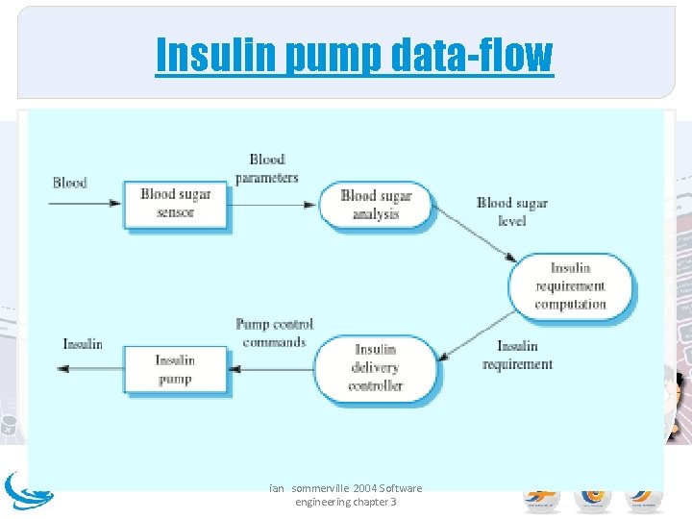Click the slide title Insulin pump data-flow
[x=354, y=55]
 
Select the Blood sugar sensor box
[x=175, y=203]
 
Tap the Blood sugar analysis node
[x=376, y=204]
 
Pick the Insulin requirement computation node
[x=571, y=285]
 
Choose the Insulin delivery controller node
[x=376, y=367]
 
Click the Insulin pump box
[x=175, y=369]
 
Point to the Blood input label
[x=69, y=183]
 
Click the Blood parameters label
[x=267, y=168]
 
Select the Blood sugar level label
[x=512, y=211]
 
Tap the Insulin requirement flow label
[x=517, y=355]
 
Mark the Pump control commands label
[x=275, y=333]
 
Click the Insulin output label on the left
[x=83, y=344]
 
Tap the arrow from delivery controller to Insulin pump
[x=273, y=368]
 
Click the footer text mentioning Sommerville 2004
[x=345, y=495]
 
